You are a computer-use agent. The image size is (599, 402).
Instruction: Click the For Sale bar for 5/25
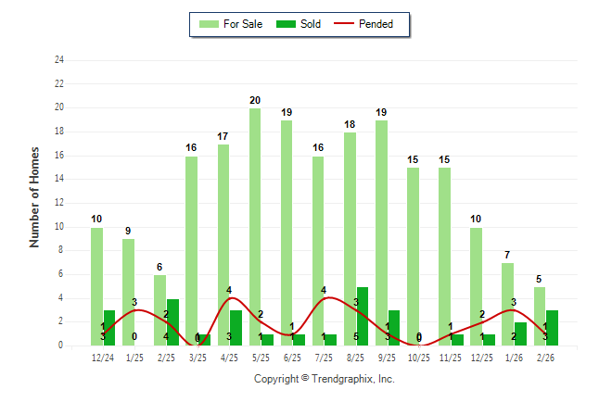(254, 227)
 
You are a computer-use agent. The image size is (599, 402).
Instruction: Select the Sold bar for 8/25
(362, 316)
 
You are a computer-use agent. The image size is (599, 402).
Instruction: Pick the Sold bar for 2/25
(172, 322)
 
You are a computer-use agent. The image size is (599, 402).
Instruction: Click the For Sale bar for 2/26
(540, 316)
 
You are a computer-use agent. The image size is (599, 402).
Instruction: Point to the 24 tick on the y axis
(59, 60)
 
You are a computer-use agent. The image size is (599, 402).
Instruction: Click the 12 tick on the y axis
(59, 203)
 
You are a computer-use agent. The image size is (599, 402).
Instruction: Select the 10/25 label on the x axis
(420, 357)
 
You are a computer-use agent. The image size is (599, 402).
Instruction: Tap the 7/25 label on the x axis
(325, 357)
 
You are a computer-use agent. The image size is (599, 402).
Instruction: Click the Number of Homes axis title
(35, 196)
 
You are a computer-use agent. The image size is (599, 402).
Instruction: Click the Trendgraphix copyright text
(325, 379)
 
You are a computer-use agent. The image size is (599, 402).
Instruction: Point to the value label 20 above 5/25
(254, 100)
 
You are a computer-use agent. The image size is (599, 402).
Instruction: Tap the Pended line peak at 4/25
(230, 298)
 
